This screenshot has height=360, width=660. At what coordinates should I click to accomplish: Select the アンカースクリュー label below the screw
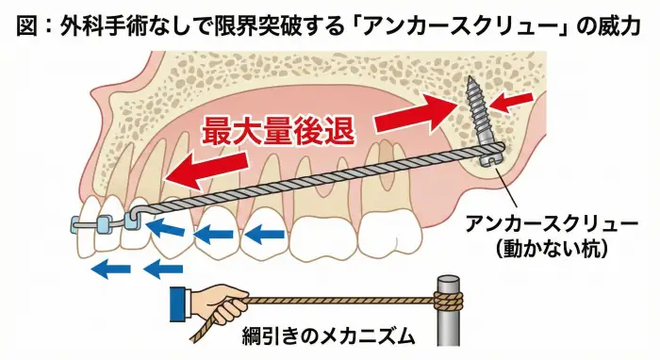[559, 225]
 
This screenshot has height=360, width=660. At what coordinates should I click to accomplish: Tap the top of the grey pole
[448, 279]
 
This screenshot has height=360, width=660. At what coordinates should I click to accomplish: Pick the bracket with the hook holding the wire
[132, 220]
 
